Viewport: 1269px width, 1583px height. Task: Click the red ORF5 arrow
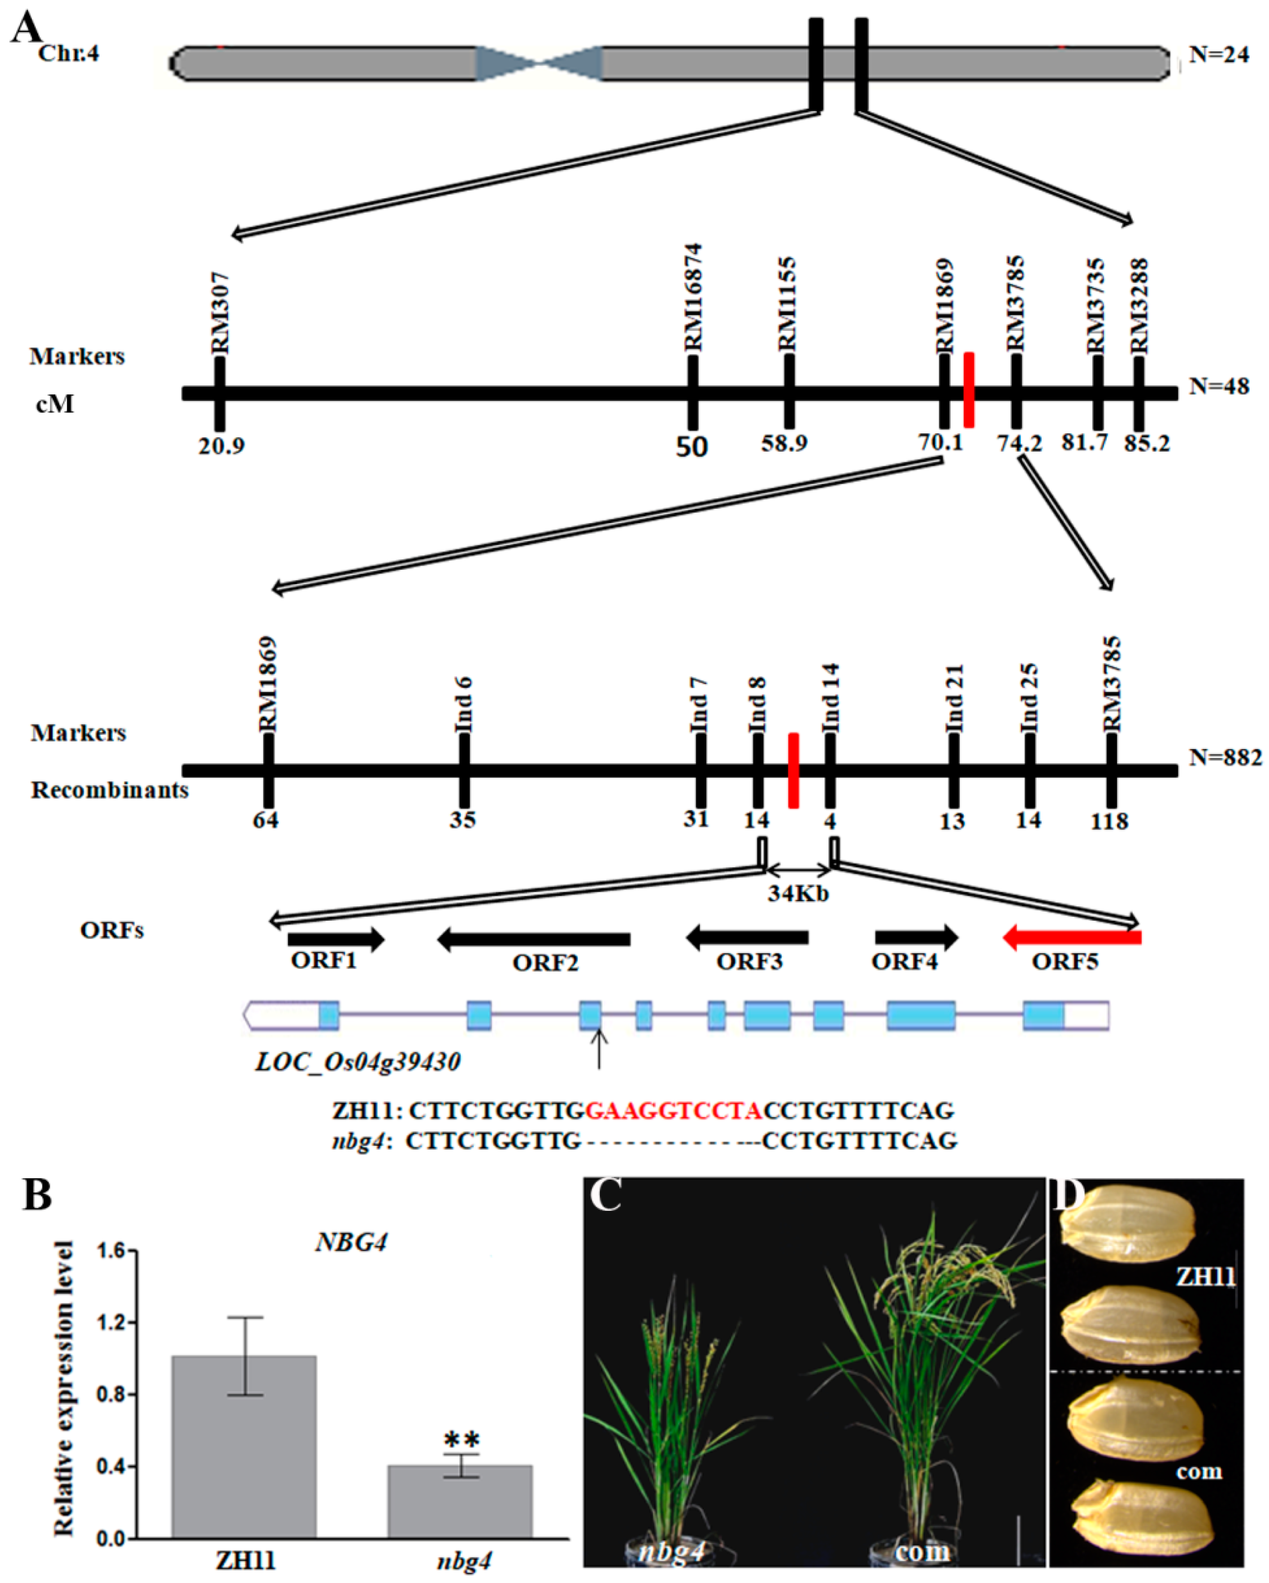(1072, 937)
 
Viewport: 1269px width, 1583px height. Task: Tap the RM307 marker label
(220, 312)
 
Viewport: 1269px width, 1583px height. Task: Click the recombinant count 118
(1109, 821)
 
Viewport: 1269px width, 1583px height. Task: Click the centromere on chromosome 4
(539, 63)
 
